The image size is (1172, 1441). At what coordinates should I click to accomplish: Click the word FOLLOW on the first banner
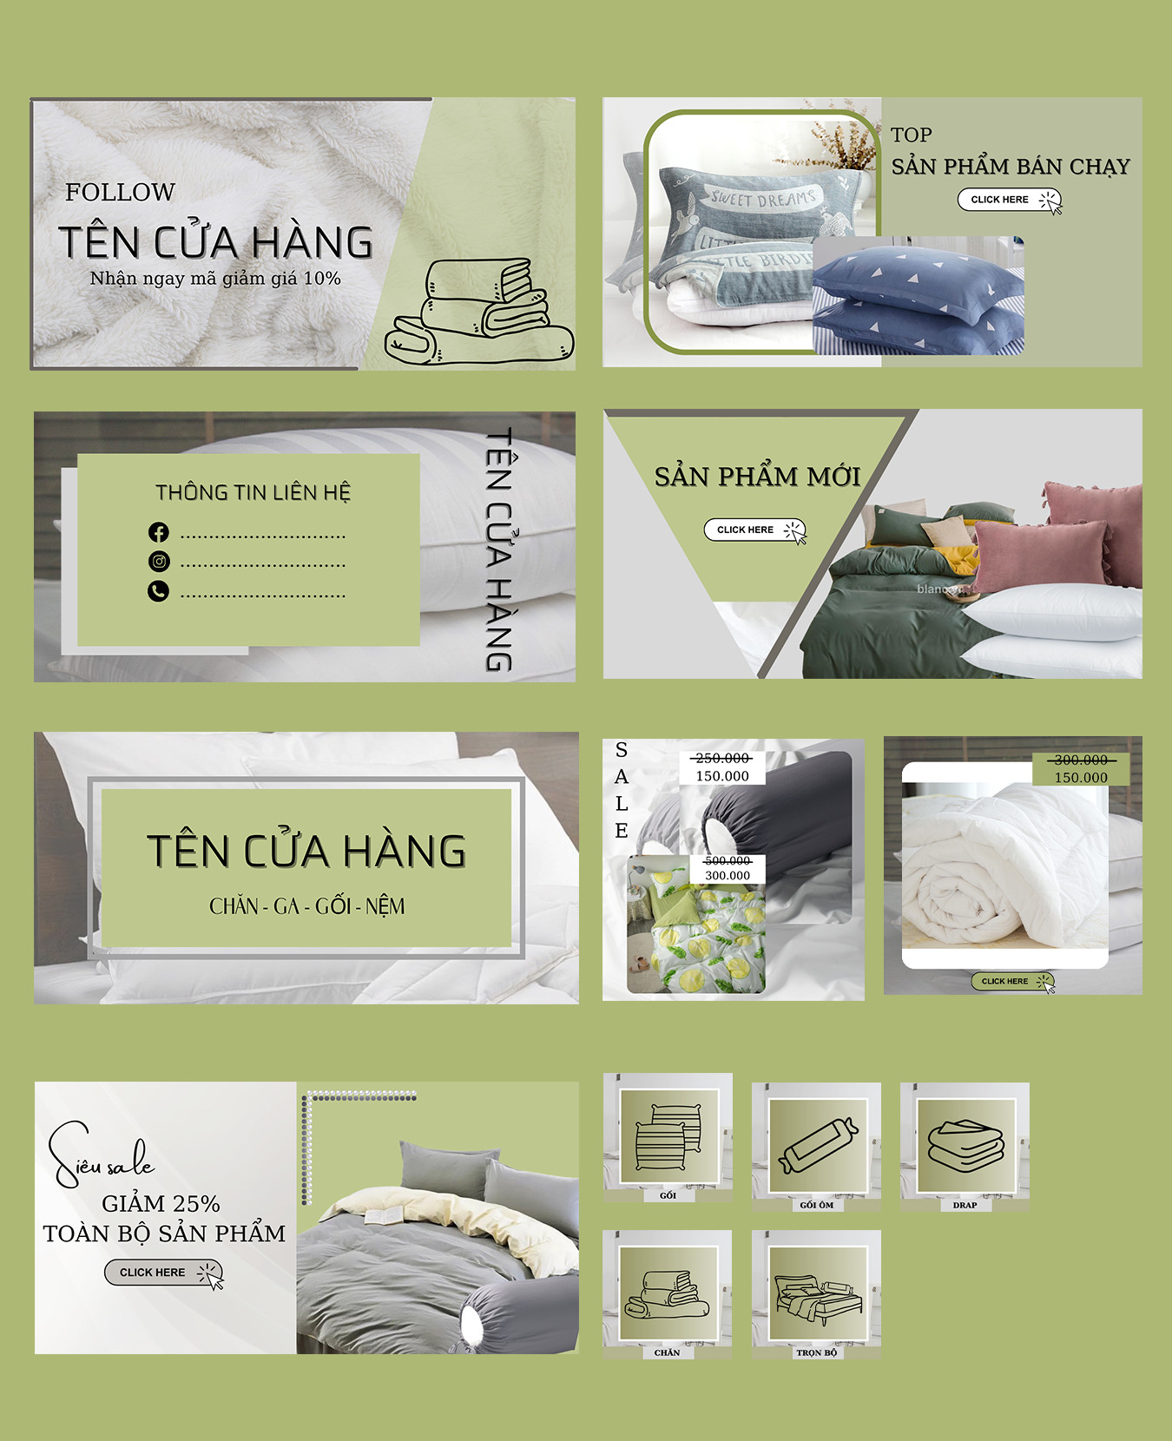click(x=120, y=192)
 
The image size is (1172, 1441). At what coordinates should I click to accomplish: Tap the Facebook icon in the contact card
click(x=158, y=532)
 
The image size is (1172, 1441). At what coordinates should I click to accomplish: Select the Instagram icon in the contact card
click(x=159, y=562)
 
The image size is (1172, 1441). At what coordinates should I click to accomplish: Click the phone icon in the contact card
click(x=158, y=591)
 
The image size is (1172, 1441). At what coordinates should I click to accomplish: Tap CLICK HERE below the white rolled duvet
click(x=1013, y=982)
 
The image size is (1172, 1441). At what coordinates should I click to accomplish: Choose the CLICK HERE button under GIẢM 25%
click(x=164, y=1273)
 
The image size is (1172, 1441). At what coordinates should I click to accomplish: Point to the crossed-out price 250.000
click(x=722, y=759)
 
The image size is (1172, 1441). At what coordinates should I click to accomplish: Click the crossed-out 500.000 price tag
click(x=728, y=860)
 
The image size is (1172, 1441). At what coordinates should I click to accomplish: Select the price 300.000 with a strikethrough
click(x=1081, y=760)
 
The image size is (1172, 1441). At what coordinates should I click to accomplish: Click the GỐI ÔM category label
click(x=817, y=1205)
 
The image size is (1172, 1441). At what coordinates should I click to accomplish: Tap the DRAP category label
click(x=965, y=1205)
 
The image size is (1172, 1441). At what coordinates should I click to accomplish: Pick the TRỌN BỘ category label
click(x=817, y=1352)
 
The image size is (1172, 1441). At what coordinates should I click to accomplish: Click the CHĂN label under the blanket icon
click(x=667, y=1352)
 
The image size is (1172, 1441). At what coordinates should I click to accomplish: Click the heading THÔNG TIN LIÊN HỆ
click(x=253, y=492)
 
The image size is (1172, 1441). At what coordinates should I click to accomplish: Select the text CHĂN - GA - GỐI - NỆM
click(x=307, y=906)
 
